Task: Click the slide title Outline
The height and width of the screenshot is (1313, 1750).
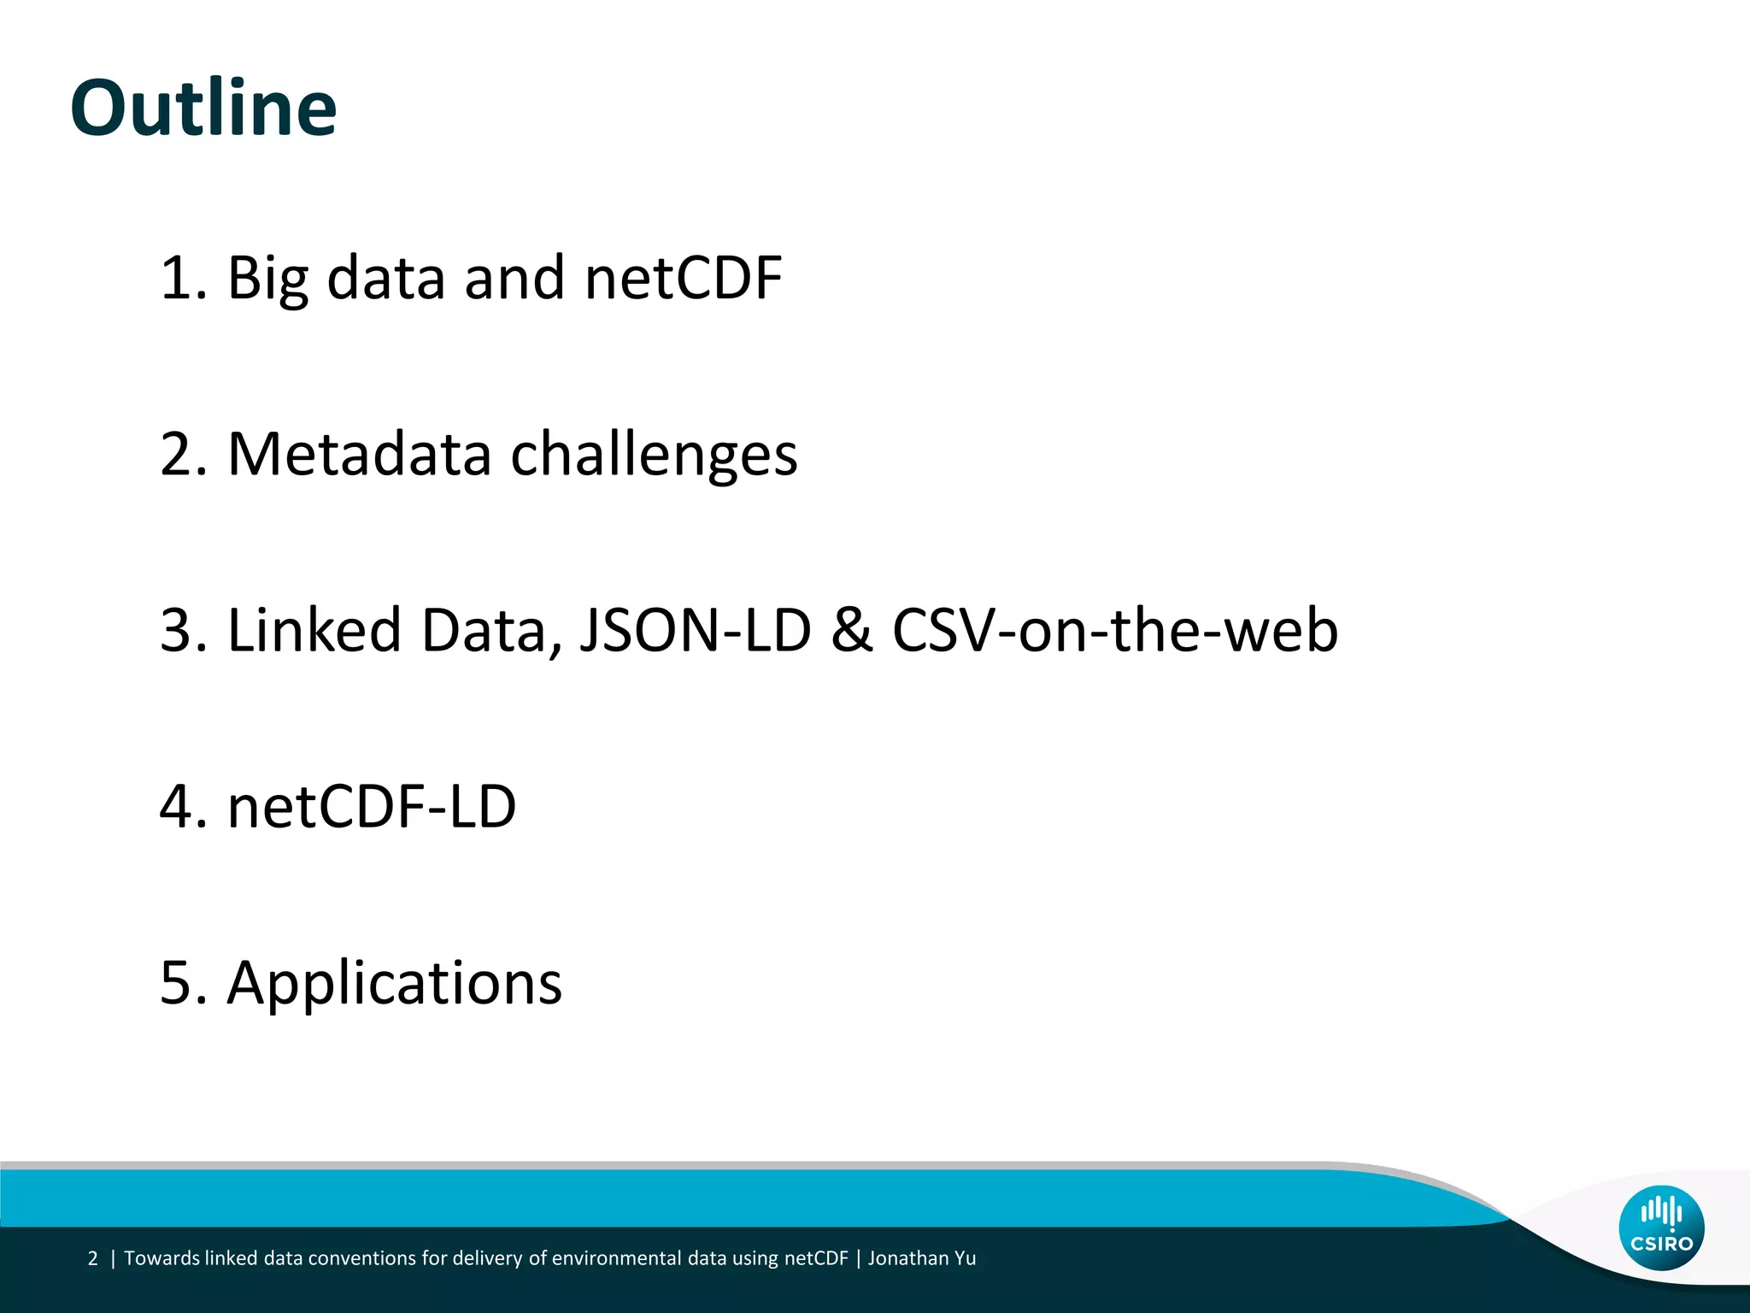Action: pos(203,109)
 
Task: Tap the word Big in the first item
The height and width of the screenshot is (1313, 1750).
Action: pos(267,279)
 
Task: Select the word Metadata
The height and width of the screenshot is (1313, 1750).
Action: pos(359,454)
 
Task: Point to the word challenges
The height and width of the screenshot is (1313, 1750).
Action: pos(654,456)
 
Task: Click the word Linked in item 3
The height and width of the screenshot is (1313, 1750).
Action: pos(314,631)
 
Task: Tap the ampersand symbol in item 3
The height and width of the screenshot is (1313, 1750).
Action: pos(852,631)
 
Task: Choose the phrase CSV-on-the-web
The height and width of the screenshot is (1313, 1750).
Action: pos(1115,631)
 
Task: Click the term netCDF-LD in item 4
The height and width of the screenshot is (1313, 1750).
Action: pos(372,807)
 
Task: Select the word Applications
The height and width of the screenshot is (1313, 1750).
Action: pos(394,983)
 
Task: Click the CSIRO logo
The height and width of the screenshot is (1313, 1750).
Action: pos(1661,1228)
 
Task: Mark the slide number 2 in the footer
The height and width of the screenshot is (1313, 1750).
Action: pos(93,1258)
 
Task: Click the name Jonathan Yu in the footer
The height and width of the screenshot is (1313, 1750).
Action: pos(922,1258)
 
